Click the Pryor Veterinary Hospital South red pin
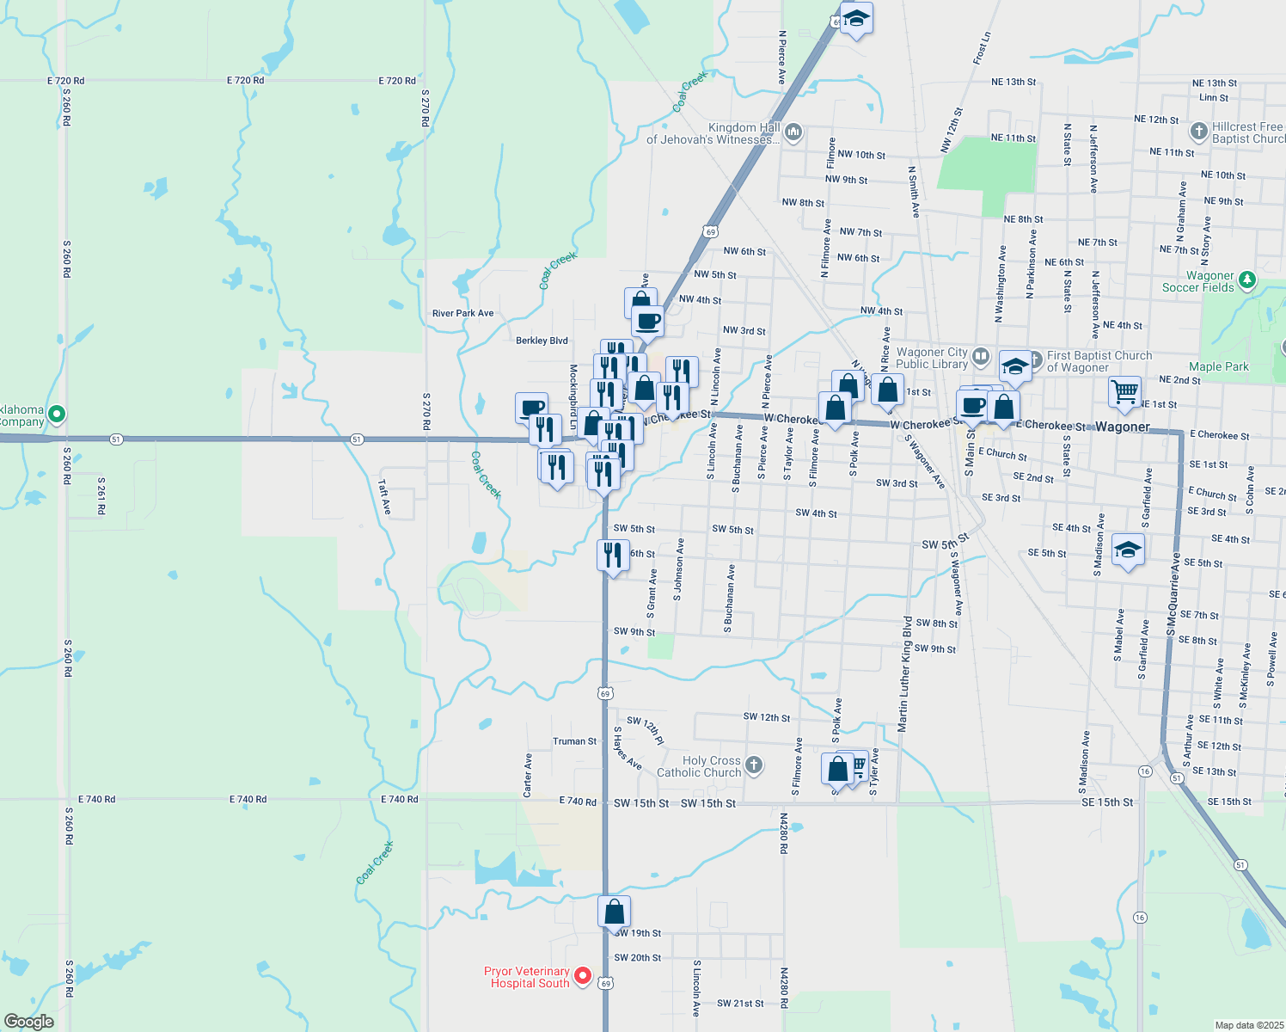coord(583,975)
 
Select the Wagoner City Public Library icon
coord(981,354)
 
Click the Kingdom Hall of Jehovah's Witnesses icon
coord(793,132)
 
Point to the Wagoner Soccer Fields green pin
coord(1247,279)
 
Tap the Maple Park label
coord(1218,366)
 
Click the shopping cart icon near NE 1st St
coord(1124,392)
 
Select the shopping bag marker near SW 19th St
coord(614,912)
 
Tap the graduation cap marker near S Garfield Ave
coord(1127,550)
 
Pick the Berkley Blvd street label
coord(542,341)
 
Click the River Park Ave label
coord(462,313)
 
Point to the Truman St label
coord(574,741)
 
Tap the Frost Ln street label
coord(982,48)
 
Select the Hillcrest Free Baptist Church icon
coord(1199,132)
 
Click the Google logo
coord(29,1022)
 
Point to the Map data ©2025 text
coord(1248,1025)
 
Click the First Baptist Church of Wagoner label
coord(1099,361)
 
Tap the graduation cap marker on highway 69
coord(856,19)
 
